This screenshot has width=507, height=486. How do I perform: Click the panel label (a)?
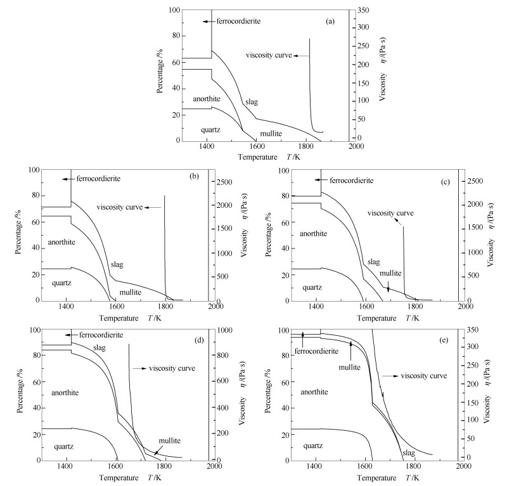point(330,22)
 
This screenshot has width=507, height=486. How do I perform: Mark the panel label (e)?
point(446,335)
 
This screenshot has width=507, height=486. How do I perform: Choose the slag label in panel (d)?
point(98,347)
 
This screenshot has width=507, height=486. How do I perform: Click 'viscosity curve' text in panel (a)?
point(269,56)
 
